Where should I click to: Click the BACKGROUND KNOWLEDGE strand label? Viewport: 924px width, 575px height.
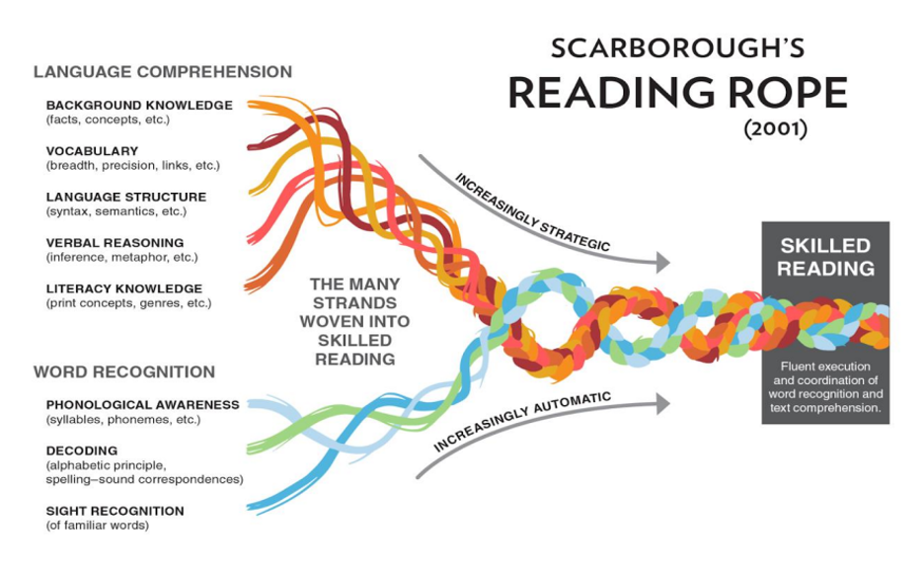pos(139,105)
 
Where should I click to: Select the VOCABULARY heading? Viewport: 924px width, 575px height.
pos(93,151)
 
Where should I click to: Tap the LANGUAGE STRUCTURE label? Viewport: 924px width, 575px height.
pos(126,197)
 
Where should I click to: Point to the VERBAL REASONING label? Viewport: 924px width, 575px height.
pos(115,243)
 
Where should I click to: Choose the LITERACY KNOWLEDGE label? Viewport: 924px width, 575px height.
pos(124,288)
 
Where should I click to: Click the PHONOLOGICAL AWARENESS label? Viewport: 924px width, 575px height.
pos(143,405)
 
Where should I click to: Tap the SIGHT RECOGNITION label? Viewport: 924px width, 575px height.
pos(115,512)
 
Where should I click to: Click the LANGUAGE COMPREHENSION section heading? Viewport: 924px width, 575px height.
pos(163,72)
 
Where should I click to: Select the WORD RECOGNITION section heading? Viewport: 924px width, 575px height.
pos(124,372)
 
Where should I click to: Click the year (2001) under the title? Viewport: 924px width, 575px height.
pos(776,128)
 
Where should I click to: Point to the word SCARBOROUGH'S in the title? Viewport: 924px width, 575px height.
pos(677,47)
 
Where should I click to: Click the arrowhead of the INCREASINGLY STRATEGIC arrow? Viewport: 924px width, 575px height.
pos(663,263)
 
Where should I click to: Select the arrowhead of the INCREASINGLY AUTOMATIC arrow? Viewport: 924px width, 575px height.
pos(663,404)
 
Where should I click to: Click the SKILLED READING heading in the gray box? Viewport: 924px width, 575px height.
pos(825,257)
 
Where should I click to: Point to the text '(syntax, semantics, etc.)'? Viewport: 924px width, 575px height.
pos(116,211)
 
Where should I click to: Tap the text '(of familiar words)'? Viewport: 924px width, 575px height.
pos(97,526)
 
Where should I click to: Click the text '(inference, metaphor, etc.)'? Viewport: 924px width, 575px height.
pos(122,257)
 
